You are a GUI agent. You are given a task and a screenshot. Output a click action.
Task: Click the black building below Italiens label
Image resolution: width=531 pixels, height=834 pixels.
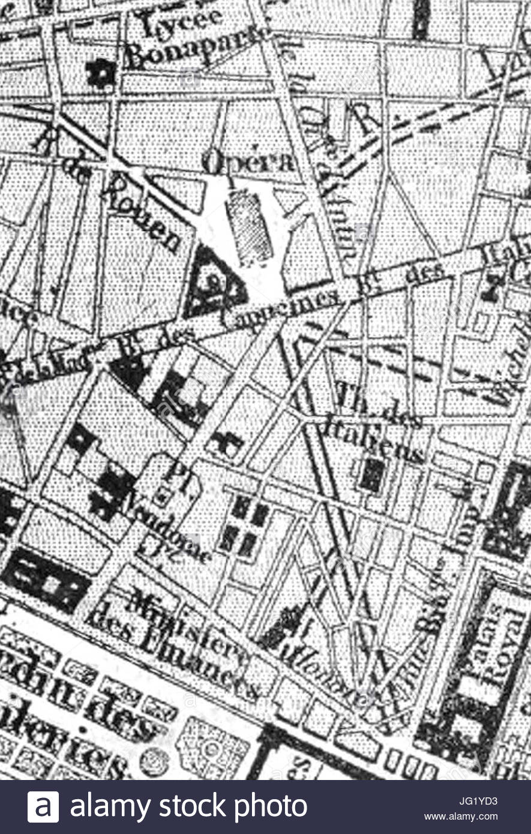(x=372, y=476)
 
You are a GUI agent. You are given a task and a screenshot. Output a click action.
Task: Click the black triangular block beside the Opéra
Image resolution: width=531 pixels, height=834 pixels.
(x=212, y=281)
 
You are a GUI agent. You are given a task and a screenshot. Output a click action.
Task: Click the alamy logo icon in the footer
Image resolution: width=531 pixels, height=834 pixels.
(x=43, y=807)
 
